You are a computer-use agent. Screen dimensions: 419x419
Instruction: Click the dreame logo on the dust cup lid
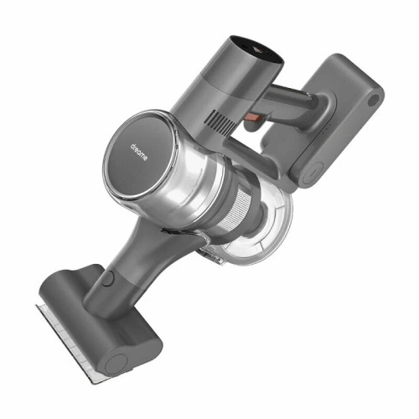(139, 153)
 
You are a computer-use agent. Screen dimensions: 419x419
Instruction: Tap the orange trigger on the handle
(253, 119)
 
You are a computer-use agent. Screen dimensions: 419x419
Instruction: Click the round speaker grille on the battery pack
(374, 100)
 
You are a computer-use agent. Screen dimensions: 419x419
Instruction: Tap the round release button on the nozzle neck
(108, 277)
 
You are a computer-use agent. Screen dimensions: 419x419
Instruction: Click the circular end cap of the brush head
(116, 365)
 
